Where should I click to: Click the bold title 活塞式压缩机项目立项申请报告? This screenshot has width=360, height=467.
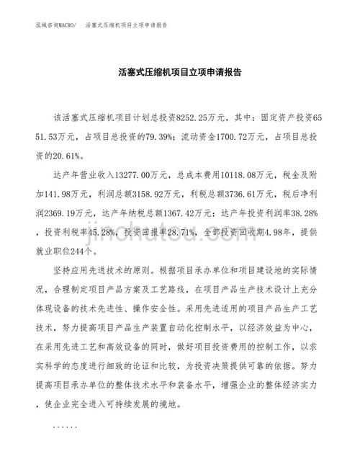click(179, 73)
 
